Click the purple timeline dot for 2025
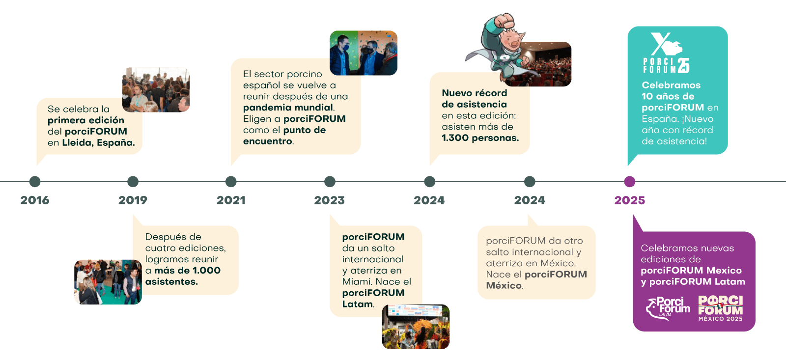(x=629, y=182)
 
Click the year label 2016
(x=35, y=200)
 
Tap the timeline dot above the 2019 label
(x=133, y=182)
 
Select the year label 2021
(x=231, y=200)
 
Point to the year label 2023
(x=329, y=200)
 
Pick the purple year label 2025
(x=629, y=200)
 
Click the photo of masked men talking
(x=363, y=53)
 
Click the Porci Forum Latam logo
(x=668, y=308)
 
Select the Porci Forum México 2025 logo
(x=721, y=308)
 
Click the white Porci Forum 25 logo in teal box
(x=666, y=53)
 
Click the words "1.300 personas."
(x=480, y=138)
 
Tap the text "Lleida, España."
(x=98, y=143)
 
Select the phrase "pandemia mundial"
(x=288, y=108)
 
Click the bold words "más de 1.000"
(x=187, y=271)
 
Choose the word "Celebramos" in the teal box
(x=671, y=85)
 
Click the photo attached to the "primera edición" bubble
(x=156, y=90)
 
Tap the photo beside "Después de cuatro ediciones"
(x=108, y=282)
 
